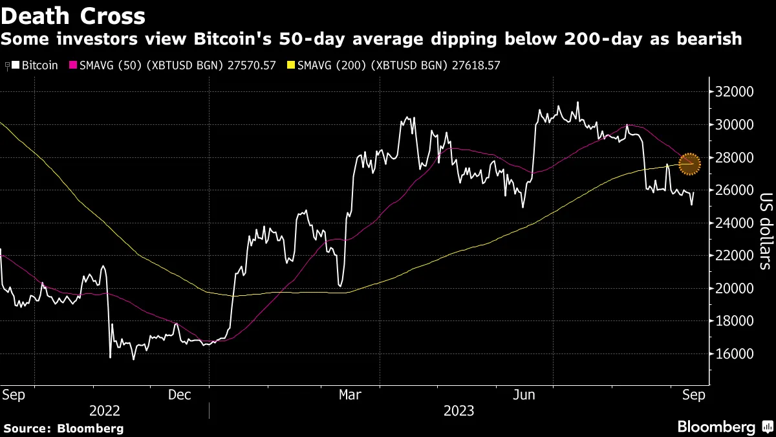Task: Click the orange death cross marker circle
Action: click(x=690, y=163)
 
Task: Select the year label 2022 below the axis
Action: click(x=105, y=410)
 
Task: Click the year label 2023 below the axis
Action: click(x=458, y=410)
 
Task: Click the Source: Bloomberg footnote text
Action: click(x=63, y=428)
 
